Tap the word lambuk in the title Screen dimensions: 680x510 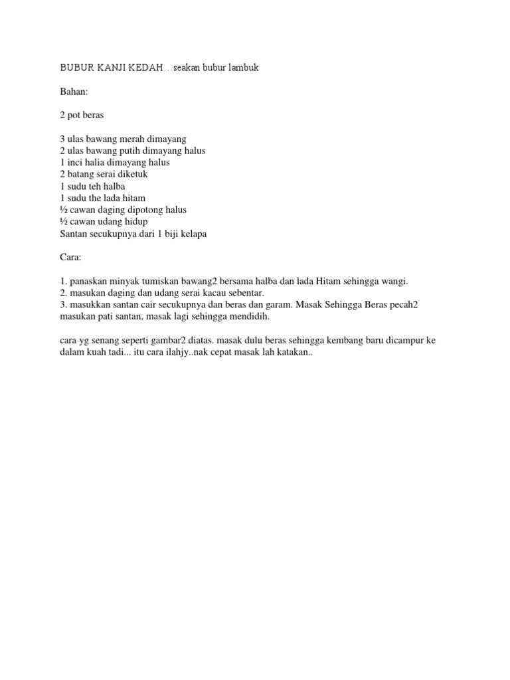[x=240, y=68]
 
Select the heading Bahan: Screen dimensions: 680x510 [x=74, y=92]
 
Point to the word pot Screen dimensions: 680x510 [x=74, y=116]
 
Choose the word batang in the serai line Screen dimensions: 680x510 [x=80, y=174]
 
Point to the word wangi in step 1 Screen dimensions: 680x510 [x=393, y=282]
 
